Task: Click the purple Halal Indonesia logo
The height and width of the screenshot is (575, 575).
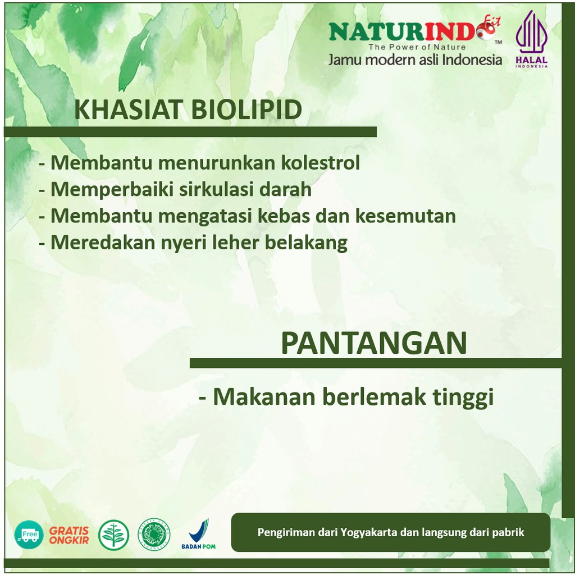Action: coord(531,39)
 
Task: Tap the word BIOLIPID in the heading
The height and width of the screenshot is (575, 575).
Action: coord(247,109)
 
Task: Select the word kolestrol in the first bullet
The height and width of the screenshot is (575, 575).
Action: coord(321,162)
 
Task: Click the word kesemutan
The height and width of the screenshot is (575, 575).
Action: coord(405,216)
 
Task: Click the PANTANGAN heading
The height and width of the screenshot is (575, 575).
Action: coord(373,343)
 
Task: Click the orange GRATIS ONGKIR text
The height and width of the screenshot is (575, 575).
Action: coord(69,535)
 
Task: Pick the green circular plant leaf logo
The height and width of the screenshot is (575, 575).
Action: coord(113,535)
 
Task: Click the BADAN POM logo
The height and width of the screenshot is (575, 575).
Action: coord(198,535)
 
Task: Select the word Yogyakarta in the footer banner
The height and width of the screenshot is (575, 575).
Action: coord(368,532)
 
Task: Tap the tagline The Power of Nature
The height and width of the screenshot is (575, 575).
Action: coord(417,47)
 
